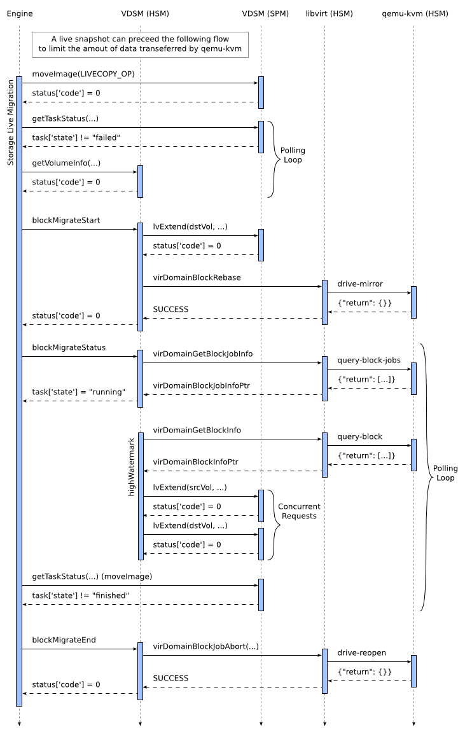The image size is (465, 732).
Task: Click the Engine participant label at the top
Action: [19, 13]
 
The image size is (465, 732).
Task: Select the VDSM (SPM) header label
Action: [261, 13]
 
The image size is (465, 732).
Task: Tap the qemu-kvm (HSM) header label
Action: [413, 13]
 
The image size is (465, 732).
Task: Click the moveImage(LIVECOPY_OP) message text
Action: [83, 74]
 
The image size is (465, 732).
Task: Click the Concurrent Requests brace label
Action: [299, 511]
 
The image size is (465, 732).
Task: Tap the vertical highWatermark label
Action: [132, 467]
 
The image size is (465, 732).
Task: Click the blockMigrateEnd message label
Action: [64, 640]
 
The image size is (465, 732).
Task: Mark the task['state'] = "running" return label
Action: [79, 392]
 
